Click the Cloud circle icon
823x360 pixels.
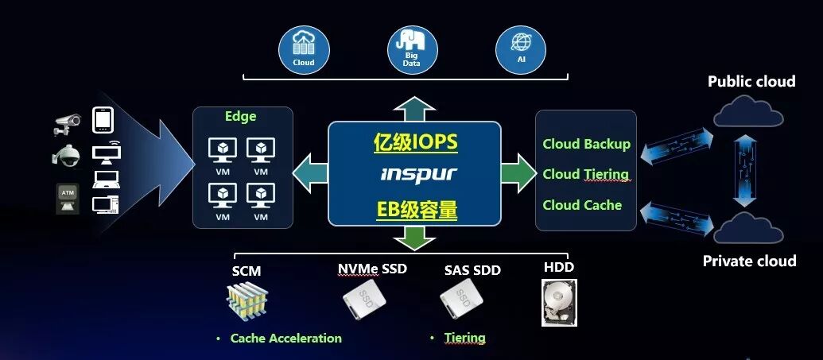[x=303, y=49]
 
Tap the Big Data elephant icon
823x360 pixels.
[x=411, y=49]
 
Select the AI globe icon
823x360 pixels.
[x=520, y=49]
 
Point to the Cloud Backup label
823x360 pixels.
[x=586, y=144]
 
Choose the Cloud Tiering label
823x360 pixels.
[x=585, y=174]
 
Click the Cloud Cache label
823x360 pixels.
[x=582, y=205]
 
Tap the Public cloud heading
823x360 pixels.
[x=751, y=81]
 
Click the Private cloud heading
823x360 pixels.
[x=749, y=261]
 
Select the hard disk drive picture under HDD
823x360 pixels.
[x=558, y=302]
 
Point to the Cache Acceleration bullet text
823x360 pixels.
[x=285, y=339]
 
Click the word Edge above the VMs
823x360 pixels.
[x=240, y=117]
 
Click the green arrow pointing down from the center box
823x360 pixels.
[x=414, y=237]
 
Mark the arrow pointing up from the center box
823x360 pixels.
[x=414, y=108]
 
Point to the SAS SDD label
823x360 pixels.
[x=472, y=270]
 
